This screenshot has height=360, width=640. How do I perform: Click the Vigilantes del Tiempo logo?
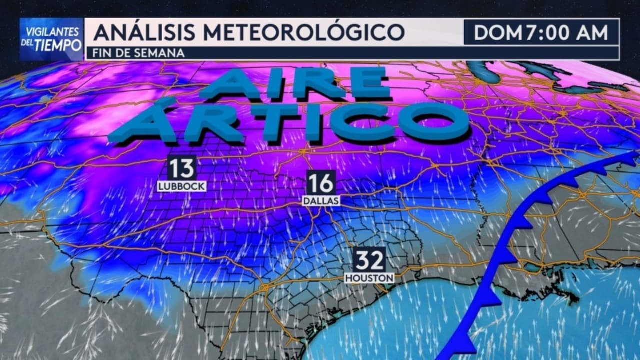click(51, 39)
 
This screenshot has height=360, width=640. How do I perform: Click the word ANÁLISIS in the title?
click(145, 32)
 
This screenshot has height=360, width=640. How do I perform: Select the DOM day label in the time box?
click(497, 33)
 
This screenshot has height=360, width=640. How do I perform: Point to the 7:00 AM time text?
click(565, 33)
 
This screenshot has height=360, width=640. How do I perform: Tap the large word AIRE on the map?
click(295, 83)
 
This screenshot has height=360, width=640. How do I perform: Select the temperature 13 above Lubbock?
click(181, 168)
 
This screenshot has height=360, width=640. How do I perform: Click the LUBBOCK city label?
click(181, 186)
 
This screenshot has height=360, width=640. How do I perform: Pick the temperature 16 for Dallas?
click(320, 183)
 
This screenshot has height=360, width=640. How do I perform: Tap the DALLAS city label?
click(321, 200)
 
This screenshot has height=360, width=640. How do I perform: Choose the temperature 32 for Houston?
click(370, 260)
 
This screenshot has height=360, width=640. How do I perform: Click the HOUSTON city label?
click(369, 277)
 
